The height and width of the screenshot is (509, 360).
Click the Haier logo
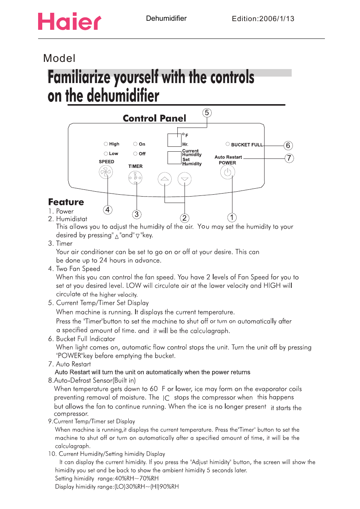(x=69, y=22)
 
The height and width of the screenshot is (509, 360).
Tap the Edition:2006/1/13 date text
(x=263, y=19)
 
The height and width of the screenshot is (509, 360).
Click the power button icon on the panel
(x=228, y=172)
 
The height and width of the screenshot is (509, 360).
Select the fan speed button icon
(x=106, y=172)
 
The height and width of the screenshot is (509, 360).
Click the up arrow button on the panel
(x=165, y=179)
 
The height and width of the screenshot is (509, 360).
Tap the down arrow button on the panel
(x=185, y=179)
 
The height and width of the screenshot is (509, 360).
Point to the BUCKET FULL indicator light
(x=228, y=144)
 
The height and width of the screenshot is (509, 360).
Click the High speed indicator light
(x=106, y=144)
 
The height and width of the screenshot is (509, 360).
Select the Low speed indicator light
(x=106, y=154)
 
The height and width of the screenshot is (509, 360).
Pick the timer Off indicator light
(x=135, y=154)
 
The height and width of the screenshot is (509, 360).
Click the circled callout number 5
(x=207, y=113)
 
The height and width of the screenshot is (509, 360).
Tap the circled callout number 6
(x=288, y=146)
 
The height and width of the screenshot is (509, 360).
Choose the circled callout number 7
(x=289, y=158)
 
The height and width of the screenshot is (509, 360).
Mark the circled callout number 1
(x=232, y=218)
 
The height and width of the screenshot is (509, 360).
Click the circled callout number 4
(x=108, y=210)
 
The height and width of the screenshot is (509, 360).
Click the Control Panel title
(x=154, y=118)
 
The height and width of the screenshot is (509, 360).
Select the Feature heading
(x=66, y=202)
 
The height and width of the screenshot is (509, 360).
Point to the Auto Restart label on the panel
(x=228, y=157)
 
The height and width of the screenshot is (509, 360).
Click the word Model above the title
(x=59, y=58)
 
